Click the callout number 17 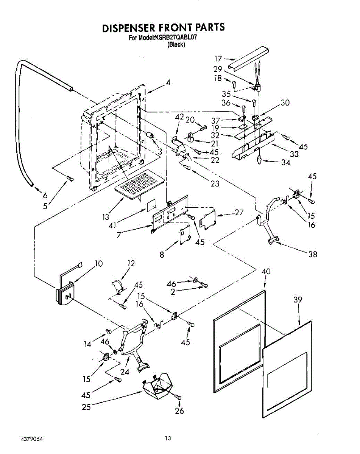[x=218, y=59]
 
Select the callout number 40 [x=266, y=271]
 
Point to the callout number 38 [x=312, y=254]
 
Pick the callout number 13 [x=105, y=217]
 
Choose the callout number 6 [x=45, y=195]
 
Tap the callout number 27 [x=239, y=212]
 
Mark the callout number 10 [x=98, y=264]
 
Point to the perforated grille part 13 [x=140, y=184]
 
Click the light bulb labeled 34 [x=259, y=159]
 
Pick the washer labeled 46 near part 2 [x=194, y=280]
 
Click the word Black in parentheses [x=176, y=44]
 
